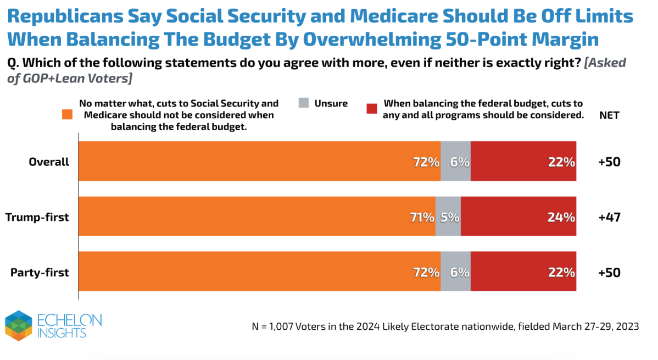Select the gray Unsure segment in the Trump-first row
(x=448, y=216)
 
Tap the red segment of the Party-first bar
(x=523, y=271)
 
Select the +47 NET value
(x=610, y=217)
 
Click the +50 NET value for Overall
(x=610, y=162)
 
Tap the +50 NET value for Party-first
(x=610, y=272)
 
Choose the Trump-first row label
(x=37, y=217)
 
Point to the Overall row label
(x=49, y=162)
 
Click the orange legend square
(x=68, y=114)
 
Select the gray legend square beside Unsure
(x=304, y=103)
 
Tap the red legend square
(x=372, y=109)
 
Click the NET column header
(x=609, y=115)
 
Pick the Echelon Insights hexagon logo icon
(x=19, y=325)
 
